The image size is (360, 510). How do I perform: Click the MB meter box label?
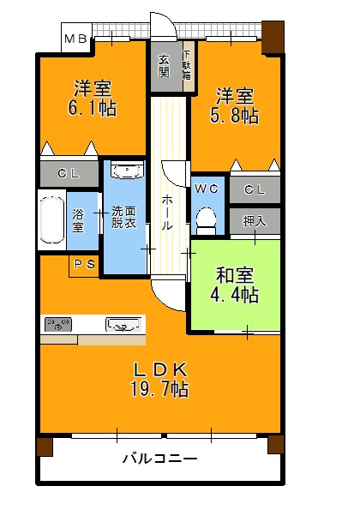tap(75, 39)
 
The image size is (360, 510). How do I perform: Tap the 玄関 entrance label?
tap(164, 66)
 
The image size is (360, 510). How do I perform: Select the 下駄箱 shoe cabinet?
tap(189, 66)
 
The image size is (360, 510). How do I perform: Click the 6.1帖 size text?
tap(92, 108)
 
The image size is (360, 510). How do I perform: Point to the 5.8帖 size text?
tap(235, 116)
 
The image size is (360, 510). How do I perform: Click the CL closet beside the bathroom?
tap(69, 174)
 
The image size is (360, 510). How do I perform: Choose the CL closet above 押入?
tap(255, 189)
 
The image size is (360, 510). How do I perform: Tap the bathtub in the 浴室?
tap(52, 220)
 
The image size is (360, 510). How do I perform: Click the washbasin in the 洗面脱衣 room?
tap(127, 171)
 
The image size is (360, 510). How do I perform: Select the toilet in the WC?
tap(207, 220)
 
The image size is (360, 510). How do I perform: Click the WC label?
tap(207, 189)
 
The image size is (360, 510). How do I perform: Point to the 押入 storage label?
tap(255, 221)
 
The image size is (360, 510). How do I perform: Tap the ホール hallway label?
tap(167, 213)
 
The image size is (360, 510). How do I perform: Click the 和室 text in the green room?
tap(235, 275)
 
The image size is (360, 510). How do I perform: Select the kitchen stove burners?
tap(58, 325)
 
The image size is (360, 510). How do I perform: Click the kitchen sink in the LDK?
tap(123, 325)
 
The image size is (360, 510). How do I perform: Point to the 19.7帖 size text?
tap(159, 389)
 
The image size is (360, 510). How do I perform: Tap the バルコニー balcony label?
tap(159, 459)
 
